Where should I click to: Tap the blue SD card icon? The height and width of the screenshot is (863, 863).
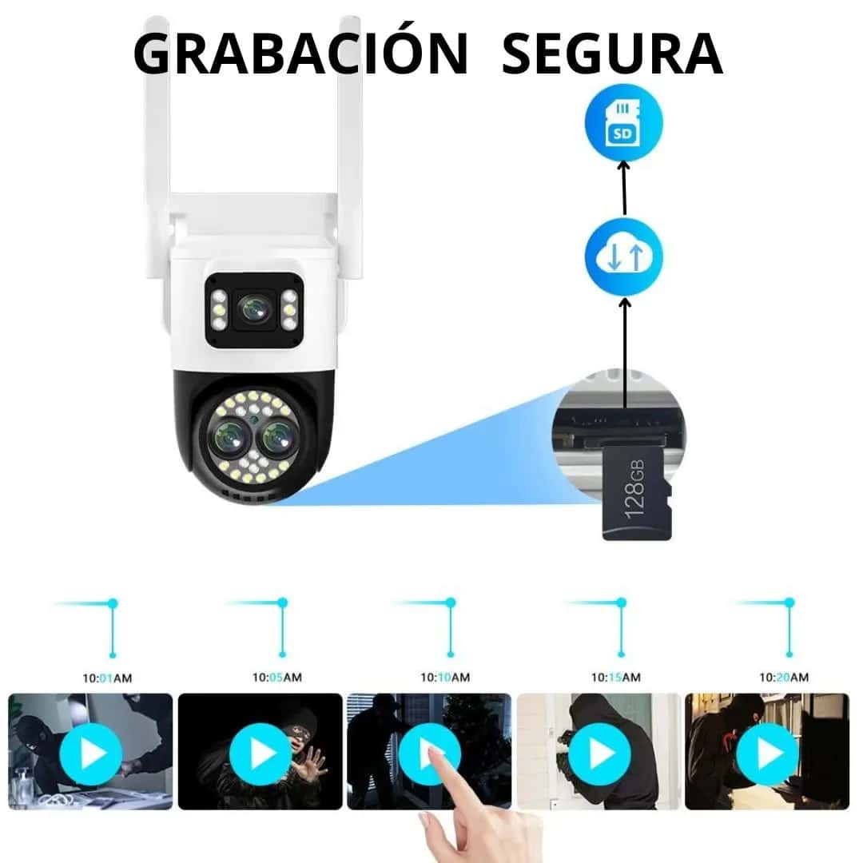[x=623, y=122]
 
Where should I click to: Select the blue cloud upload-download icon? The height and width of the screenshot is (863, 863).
[x=623, y=257]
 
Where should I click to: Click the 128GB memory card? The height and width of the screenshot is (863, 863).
[x=637, y=492]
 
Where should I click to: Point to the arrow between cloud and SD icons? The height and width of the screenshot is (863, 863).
[x=624, y=188]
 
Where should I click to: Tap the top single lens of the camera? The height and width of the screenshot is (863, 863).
[x=255, y=310]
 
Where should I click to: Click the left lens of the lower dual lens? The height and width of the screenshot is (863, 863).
[x=229, y=437]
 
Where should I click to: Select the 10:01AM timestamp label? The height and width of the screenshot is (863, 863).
[x=107, y=678]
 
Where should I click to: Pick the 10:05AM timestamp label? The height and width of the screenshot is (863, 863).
[x=276, y=678]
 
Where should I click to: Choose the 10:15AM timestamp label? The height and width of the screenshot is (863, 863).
[x=616, y=678]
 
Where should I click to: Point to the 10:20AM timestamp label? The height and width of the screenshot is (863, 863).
[x=784, y=678]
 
